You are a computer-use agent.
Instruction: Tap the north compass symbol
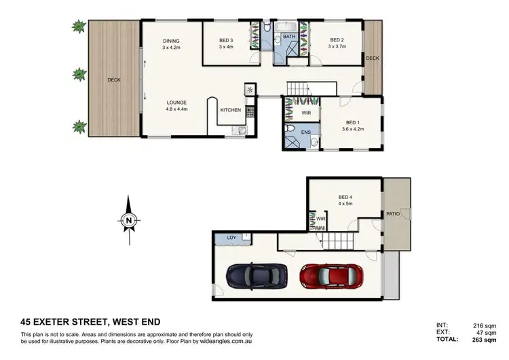coord(128,219)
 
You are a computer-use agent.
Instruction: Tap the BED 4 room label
coord(346,197)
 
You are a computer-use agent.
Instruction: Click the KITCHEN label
coord(231,110)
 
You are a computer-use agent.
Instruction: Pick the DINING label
coord(170,41)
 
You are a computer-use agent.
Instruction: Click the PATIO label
coord(394,213)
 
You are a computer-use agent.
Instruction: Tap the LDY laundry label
coord(231,237)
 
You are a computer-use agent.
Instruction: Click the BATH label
coord(288,37)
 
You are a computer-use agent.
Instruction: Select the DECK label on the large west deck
coord(113,80)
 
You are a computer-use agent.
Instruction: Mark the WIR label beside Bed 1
coord(306,113)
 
